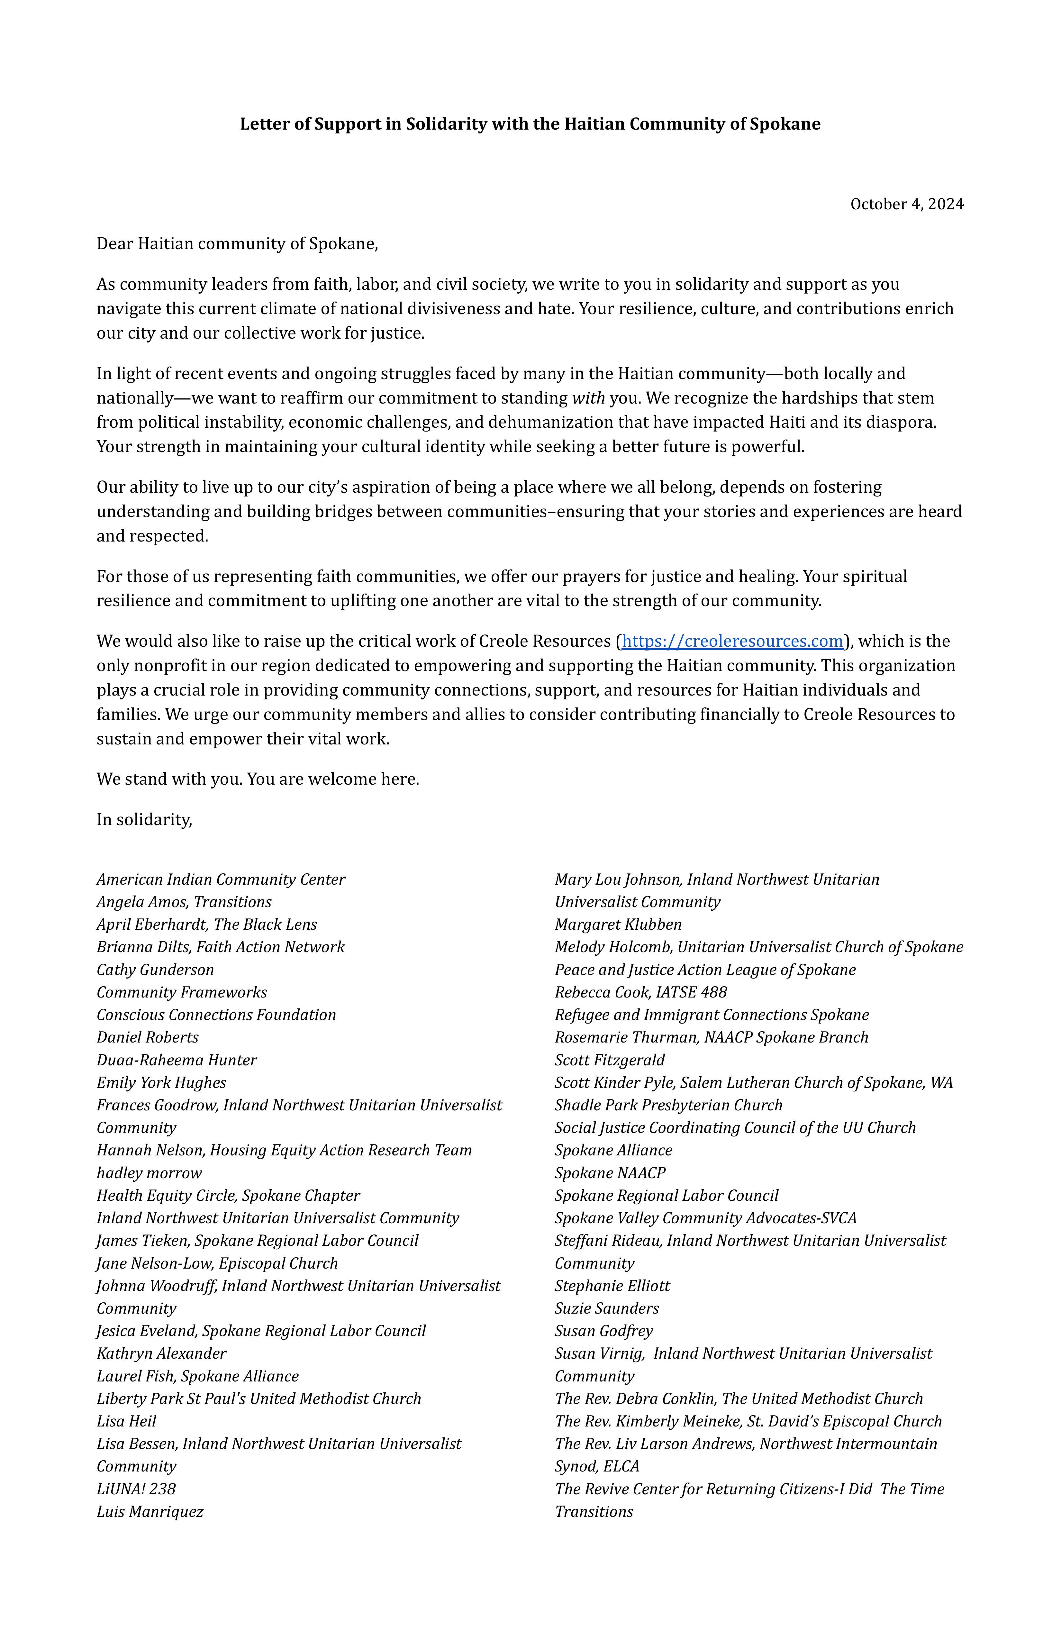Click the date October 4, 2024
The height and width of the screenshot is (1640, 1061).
click(907, 204)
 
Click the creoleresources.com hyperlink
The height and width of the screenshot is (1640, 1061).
click(732, 642)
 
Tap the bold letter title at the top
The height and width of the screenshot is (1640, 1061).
click(530, 124)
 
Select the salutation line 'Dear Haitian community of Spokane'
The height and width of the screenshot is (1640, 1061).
click(237, 244)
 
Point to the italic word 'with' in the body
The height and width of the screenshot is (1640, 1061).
click(588, 398)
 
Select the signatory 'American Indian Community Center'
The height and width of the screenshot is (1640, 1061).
click(221, 879)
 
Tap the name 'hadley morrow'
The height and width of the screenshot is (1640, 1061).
click(149, 1173)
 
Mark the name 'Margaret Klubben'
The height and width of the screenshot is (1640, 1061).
click(618, 925)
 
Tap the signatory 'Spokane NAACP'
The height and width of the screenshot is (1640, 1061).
click(610, 1173)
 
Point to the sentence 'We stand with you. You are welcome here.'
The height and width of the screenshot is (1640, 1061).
click(258, 779)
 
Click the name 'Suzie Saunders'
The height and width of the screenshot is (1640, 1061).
click(606, 1308)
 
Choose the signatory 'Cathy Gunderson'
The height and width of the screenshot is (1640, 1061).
click(155, 970)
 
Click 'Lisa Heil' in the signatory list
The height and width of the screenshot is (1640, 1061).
click(126, 1422)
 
